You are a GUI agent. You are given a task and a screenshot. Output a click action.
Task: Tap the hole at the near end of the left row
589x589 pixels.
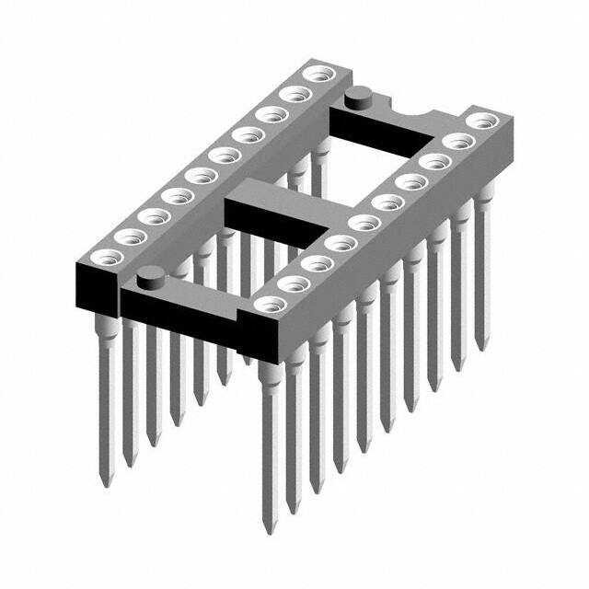pos(101,257)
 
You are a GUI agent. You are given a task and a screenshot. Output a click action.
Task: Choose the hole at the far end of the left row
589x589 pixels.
pos(318,73)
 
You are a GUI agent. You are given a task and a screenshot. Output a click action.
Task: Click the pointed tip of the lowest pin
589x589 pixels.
pos(270,531)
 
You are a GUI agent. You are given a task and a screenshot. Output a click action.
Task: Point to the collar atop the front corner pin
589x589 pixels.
pos(269,362)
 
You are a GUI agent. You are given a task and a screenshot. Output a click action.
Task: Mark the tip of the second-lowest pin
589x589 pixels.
pos(293,512)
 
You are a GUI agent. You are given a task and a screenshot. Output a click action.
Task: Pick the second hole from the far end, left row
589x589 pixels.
pos(294,93)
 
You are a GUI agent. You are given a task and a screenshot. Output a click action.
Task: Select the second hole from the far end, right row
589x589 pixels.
pos(456,141)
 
